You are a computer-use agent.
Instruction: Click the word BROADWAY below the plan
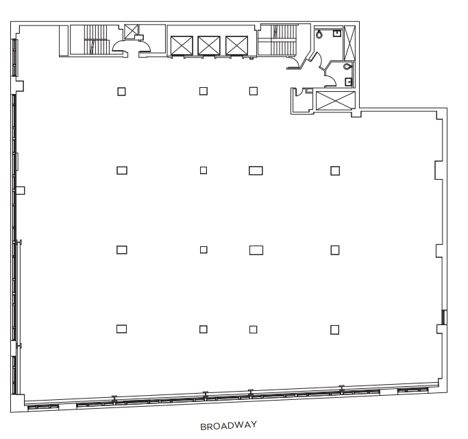tap(228, 425)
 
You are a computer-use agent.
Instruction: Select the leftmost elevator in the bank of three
tap(182, 45)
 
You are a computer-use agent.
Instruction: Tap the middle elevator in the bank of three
tap(209, 45)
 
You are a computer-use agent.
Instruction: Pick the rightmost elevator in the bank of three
tap(236, 45)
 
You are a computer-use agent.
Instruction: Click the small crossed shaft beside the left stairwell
tap(132, 32)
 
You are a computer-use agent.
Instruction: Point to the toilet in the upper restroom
tap(319, 34)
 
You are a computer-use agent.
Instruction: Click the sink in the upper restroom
tap(337, 33)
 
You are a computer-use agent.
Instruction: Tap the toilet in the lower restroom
tap(347, 66)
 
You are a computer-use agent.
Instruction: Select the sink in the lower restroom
tap(348, 82)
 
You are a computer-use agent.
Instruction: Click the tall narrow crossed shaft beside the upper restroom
tap(350, 43)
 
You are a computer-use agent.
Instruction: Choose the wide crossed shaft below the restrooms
tap(336, 101)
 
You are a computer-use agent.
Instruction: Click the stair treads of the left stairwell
tap(95, 40)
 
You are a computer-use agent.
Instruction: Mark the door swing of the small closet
tap(299, 93)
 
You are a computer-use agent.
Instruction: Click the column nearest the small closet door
tap(254, 91)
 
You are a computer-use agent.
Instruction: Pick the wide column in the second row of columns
tap(256, 171)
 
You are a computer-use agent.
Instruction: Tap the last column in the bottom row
tap(335, 330)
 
